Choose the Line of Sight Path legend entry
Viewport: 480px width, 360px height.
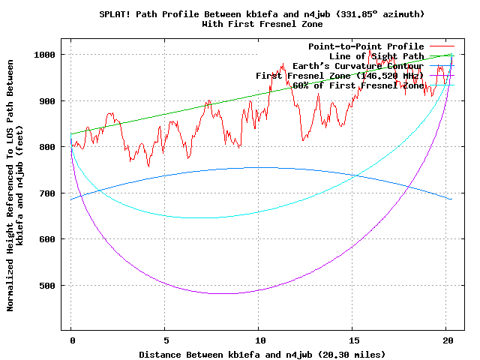click(x=376, y=56)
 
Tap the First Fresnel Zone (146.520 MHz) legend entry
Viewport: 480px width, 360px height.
click(x=340, y=76)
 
